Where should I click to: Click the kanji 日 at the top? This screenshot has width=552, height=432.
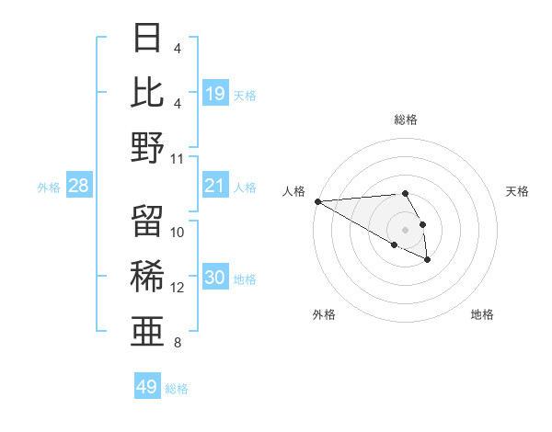[x=147, y=38]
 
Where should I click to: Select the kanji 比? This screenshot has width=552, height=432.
[x=147, y=92]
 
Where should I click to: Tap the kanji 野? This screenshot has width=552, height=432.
[x=147, y=147]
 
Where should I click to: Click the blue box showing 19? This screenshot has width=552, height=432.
[x=214, y=93]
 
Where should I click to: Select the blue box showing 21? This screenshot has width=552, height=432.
[x=214, y=187]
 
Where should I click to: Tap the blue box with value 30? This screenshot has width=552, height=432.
[x=214, y=278]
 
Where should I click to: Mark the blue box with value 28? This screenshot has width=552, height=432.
[x=78, y=187]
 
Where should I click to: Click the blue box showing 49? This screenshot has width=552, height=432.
[x=146, y=387]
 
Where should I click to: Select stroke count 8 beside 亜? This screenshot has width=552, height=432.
[x=178, y=343]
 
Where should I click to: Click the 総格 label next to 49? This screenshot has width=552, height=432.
[x=177, y=389]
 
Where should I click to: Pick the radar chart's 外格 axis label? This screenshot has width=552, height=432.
[x=324, y=314]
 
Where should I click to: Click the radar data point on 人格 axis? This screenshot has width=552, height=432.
[x=317, y=201]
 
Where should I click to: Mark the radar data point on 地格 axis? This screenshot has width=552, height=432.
[x=428, y=260]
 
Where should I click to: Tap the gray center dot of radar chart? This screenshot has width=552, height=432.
[x=405, y=229]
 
